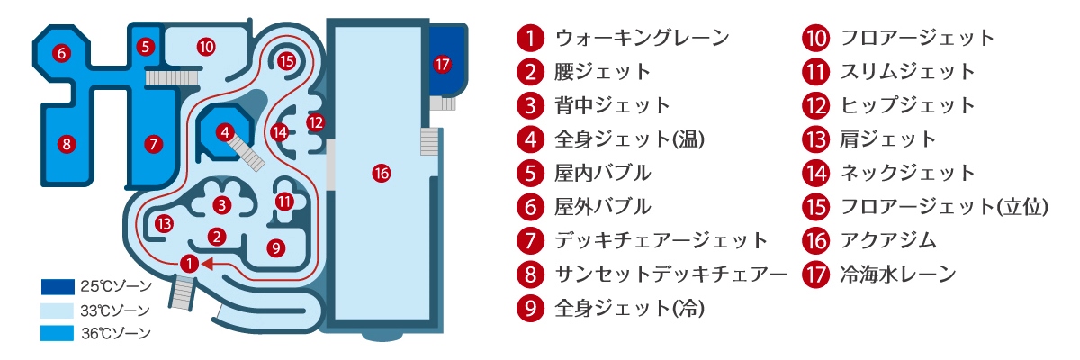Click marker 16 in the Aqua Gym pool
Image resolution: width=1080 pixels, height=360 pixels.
point(382,174)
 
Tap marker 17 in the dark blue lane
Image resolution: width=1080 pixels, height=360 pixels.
point(442,64)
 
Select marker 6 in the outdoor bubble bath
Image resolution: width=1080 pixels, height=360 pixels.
point(61,53)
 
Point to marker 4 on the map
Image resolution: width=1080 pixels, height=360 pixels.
point(225,132)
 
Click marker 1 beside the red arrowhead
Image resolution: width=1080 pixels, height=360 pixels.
point(189,264)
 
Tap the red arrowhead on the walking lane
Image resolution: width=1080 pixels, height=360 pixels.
point(207,264)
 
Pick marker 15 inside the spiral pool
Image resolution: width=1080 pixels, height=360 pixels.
point(286,61)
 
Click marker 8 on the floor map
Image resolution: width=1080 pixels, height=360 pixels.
point(67,144)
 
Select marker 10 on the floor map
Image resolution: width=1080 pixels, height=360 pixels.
point(206,47)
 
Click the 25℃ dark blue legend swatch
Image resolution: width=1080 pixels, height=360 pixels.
point(58,287)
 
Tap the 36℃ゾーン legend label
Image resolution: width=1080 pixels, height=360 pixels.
point(116,334)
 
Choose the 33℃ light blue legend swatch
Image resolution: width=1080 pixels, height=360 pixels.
point(58,310)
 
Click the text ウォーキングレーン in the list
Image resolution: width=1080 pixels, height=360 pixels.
point(643,38)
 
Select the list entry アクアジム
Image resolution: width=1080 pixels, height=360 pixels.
point(888,240)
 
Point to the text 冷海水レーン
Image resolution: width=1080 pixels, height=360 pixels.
point(898,274)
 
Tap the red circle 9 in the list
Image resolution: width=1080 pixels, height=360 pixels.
point(530,308)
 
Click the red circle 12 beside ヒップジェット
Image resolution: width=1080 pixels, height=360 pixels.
point(815,105)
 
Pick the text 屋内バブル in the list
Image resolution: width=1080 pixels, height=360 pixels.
point(603,173)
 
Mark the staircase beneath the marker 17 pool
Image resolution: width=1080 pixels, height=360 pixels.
point(443,103)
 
